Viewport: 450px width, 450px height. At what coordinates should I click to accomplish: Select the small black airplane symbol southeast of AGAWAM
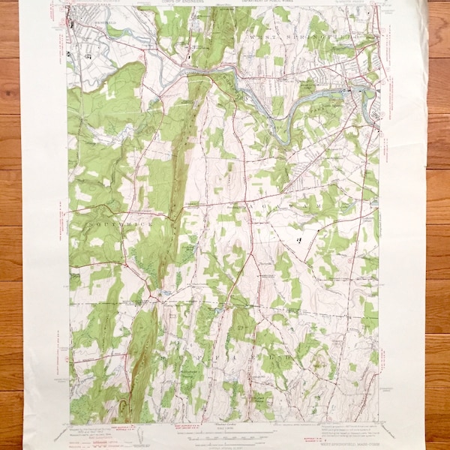pos(299,241)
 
